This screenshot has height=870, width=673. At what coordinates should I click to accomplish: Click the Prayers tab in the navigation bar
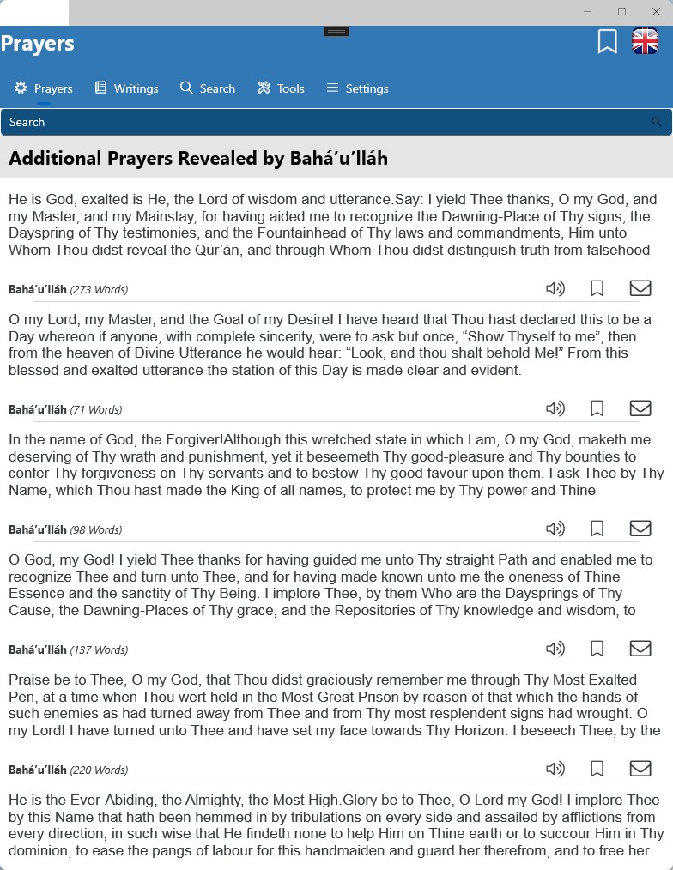[x=44, y=88]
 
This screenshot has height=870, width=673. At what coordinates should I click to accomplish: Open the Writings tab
[x=126, y=88]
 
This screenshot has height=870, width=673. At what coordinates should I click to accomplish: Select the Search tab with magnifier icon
[x=208, y=88]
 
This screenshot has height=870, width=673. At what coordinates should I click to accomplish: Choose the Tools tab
[x=281, y=88]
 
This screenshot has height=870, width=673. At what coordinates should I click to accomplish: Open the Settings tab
[x=357, y=88]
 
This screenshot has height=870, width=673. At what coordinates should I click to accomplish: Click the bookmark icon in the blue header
[x=607, y=41]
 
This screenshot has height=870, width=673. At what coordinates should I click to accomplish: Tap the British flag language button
[x=645, y=41]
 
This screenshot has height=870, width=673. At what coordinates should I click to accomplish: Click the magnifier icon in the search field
[x=657, y=122]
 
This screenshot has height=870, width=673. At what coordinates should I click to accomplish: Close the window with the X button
[x=656, y=12]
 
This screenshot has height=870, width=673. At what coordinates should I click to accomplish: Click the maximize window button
[x=621, y=12]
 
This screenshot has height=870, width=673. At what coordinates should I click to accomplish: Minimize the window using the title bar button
[x=588, y=12]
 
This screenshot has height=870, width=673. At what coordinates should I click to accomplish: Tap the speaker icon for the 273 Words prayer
[x=555, y=288]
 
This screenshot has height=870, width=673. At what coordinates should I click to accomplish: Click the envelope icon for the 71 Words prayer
[x=640, y=408]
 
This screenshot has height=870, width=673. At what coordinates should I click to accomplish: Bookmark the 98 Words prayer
[x=597, y=529]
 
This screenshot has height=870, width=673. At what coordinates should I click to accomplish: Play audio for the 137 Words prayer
[x=555, y=649]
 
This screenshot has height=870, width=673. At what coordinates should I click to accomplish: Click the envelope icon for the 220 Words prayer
[x=640, y=769]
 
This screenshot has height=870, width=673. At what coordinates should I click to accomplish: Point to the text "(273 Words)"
[x=99, y=289]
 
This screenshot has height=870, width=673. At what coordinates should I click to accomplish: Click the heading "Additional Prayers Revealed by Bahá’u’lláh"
[x=198, y=159]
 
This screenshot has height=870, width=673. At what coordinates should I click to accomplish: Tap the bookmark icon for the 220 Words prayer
[x=597, y=769]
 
